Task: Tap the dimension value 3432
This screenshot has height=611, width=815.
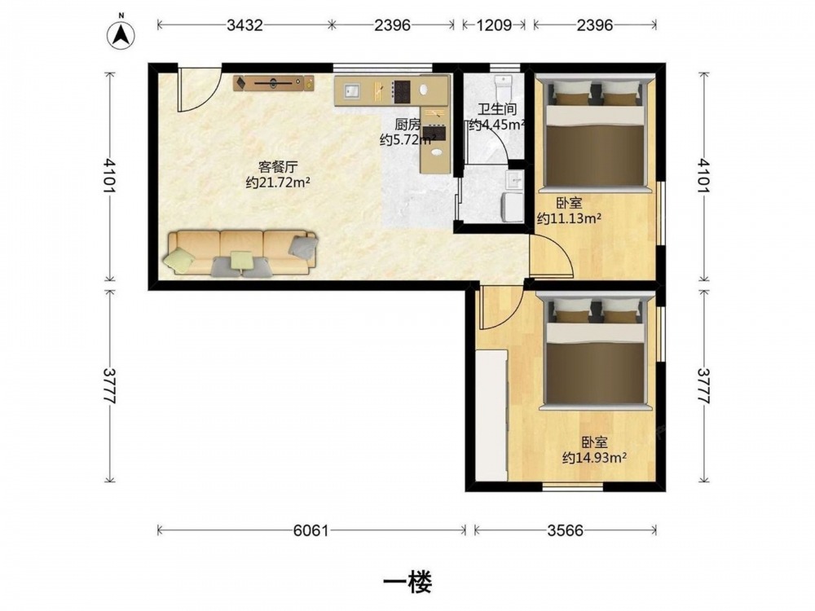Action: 244,25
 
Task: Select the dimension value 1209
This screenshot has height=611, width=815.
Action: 494,25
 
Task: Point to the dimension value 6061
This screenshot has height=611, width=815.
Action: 311,530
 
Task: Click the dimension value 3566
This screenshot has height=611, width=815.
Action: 565,530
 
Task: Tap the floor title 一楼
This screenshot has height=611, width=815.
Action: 407,582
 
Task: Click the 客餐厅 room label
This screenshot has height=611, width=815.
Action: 278,167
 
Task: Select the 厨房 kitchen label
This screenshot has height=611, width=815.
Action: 407,124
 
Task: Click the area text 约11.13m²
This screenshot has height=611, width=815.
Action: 569,218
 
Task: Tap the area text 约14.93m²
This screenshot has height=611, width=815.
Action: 594,458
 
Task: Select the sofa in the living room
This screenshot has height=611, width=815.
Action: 240,253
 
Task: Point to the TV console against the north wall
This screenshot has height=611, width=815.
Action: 273,82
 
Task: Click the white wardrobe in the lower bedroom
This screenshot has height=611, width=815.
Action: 491,415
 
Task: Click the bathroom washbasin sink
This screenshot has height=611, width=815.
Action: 515,180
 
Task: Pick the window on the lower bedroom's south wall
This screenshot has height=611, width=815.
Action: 573,487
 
